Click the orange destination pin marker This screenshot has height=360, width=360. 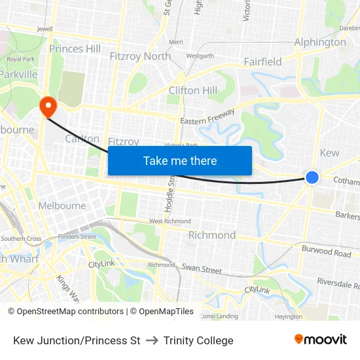click(x=48, y=105)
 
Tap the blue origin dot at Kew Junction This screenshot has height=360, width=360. click(x=312, y=177)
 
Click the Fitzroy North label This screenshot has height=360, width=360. click(x=140, y=56)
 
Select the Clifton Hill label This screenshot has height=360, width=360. click(x=192, y=90)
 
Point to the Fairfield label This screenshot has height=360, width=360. click(x=262, y=62)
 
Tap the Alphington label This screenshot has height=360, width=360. click(x=320, y=43)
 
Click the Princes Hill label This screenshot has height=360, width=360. click(x=75, y=48)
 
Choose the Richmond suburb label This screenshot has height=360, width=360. click(x=212, y=235)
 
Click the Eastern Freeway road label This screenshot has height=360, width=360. click(x=207, y=117)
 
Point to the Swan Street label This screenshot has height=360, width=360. click(x=202, y=269)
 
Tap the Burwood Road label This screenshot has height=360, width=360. click(x=327, y=251)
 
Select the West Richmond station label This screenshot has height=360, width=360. click(x=170, y=221)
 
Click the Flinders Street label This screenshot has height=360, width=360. click(x=77, y=237)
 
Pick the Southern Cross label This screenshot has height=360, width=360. click(x=21, y=239)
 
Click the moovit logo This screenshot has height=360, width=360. click(x=321, y=340)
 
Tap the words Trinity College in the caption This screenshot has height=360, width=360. click(x=198, y=340)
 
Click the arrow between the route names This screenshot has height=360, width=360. click(x=152, y=340)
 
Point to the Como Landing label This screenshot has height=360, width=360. click(x=219, y=316)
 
